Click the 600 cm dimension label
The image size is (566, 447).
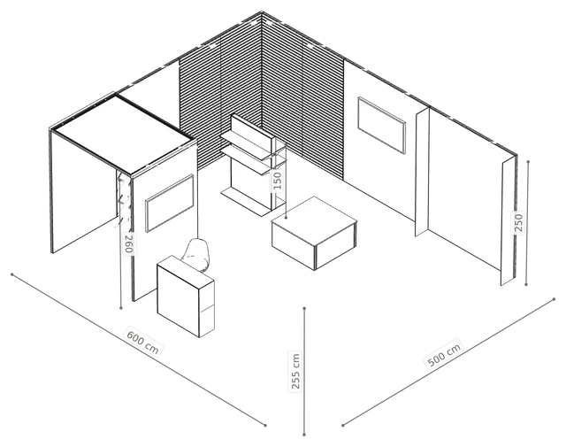[x=142, y=342]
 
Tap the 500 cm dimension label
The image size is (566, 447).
[x=444, y=354]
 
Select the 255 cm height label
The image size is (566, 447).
[x=295, y=372]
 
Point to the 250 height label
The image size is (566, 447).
[x=518, y=222]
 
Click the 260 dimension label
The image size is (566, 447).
[x=129, y=243]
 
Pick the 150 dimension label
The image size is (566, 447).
[x=277, y=181]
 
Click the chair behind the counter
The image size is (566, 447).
[x=196, y=255]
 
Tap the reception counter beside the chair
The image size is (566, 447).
[x=186, y=296]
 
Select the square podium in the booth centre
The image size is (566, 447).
[x=315, y=233]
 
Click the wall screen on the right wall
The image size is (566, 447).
[x=381, y=125]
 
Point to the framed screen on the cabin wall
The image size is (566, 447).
[x=170, y=203]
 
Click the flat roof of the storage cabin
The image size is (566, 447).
[x=123, y=133]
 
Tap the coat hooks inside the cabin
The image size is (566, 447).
[x=123, y=200]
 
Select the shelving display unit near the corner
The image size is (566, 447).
[x=254, y=166]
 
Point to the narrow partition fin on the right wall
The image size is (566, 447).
[x=423, y=172]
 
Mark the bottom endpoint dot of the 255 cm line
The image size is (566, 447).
[x=304, y=434]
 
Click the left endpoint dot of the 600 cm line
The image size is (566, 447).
[x=11, y=274]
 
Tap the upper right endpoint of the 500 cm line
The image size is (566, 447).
[x=555, y=299]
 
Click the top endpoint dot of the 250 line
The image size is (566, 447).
[x=528, y=161]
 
